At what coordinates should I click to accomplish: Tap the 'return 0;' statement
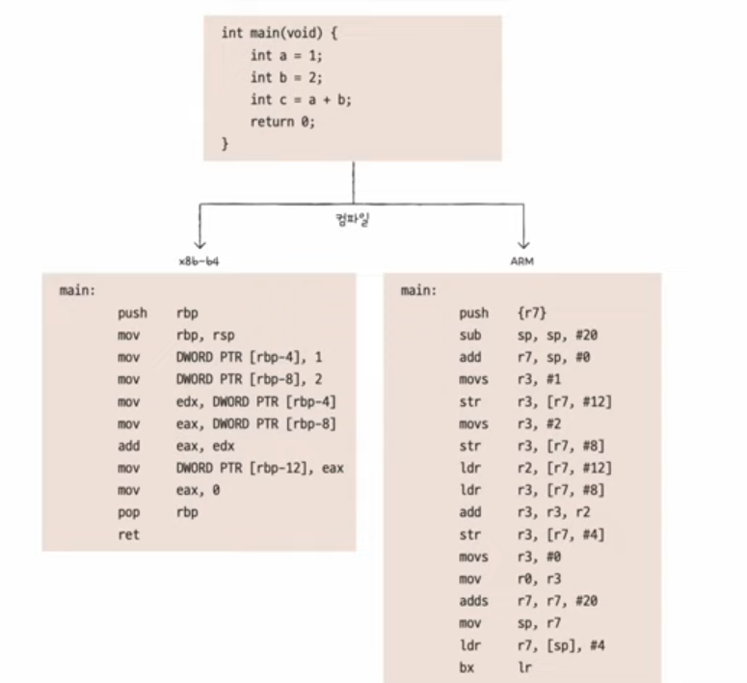point(282,122)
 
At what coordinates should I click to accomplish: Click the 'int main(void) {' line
point(280,32)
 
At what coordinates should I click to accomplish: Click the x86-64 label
point(200,260)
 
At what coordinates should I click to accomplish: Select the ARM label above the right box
point(521,260)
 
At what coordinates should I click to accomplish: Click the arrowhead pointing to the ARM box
point(523,243)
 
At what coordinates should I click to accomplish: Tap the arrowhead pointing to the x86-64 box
point(200,243)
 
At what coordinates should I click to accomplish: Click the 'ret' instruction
point(128,534)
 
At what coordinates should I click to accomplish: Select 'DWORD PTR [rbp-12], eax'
point(260,468)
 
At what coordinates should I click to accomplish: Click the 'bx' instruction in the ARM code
point(467,667)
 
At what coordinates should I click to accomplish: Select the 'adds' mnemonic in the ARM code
point(473,600)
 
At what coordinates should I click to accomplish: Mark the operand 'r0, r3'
point(536,578)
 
